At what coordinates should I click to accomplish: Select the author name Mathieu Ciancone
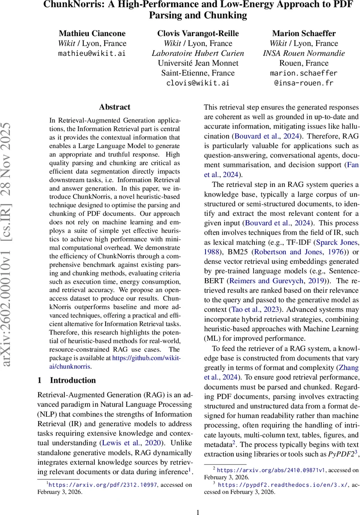click(92, 33)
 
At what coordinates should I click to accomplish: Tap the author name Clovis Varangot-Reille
click(198, 33)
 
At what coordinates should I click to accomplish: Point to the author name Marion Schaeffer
click(304, 33)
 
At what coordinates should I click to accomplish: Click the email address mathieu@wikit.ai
click(92, 54)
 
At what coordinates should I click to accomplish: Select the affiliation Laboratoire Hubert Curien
click(198, 53)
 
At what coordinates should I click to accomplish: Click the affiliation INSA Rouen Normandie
click(304, 53)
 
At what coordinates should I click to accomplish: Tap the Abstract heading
click(115, 107)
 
